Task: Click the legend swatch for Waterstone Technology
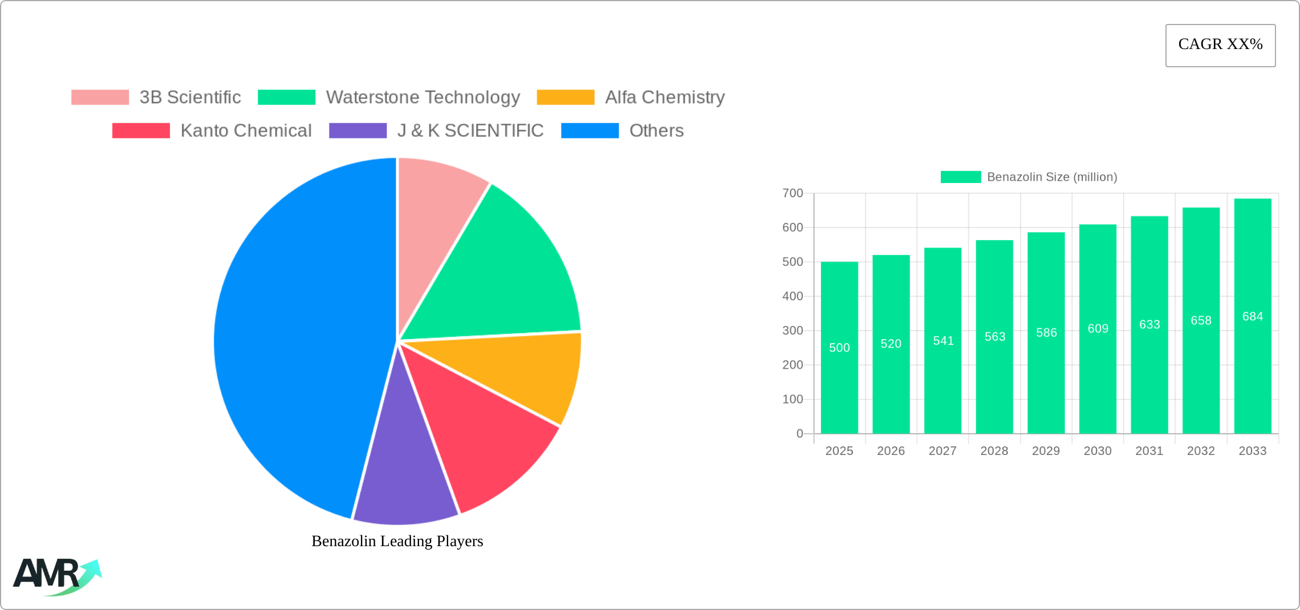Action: coord(286,97)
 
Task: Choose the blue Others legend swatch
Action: coord(590,131)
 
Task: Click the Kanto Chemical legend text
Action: coord(246,131)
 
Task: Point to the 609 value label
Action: coord(1098,328)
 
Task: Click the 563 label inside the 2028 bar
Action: coord(994,336)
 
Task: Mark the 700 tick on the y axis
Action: coord(793,193)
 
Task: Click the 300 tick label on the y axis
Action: coord(793,331)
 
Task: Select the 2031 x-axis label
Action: coord(1149,451)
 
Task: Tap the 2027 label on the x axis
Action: coord(942,451)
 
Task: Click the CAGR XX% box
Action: coord(1220,45)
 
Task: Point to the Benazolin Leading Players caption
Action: coord(397,541)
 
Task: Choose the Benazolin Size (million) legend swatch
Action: coord(960,177)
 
